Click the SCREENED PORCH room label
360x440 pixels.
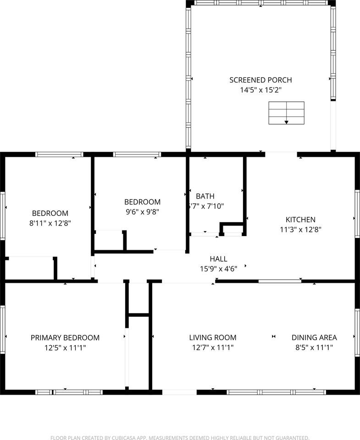pos(260,80)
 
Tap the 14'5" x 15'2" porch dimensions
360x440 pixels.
pos(260,90)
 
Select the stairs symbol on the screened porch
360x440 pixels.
pos(286,113)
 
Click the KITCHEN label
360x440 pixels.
pos(300,220)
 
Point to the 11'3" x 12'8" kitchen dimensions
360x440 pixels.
pos(300,230)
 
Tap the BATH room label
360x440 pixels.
pos(205,196)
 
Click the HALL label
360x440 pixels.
pos(218,259)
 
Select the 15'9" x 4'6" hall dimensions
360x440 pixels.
pos(218,269)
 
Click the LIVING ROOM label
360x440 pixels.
pos(213,338)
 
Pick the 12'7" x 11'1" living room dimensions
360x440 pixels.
pos(213,348)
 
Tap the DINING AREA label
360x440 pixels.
pos(314,338)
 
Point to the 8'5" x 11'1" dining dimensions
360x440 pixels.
pos(314,348)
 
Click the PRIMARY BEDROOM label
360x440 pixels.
pos(65,338)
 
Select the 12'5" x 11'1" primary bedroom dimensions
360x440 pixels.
pos(65,348)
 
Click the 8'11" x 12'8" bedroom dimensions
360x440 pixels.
pos(50,223)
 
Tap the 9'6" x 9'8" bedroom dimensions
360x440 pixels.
pos(143,212)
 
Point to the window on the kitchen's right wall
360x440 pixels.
pos(357,214)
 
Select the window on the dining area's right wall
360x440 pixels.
pos(357,333)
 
